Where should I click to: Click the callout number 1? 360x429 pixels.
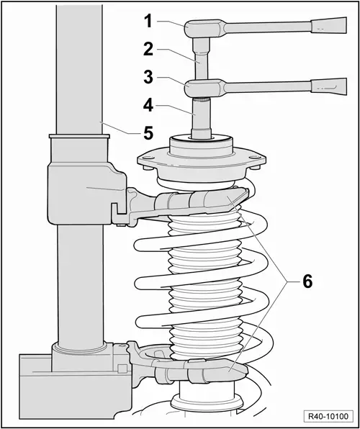(x=148, y=22)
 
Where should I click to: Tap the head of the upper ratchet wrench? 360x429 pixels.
(x=197, y=29)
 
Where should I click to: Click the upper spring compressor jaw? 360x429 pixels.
(x=216, y=202)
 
